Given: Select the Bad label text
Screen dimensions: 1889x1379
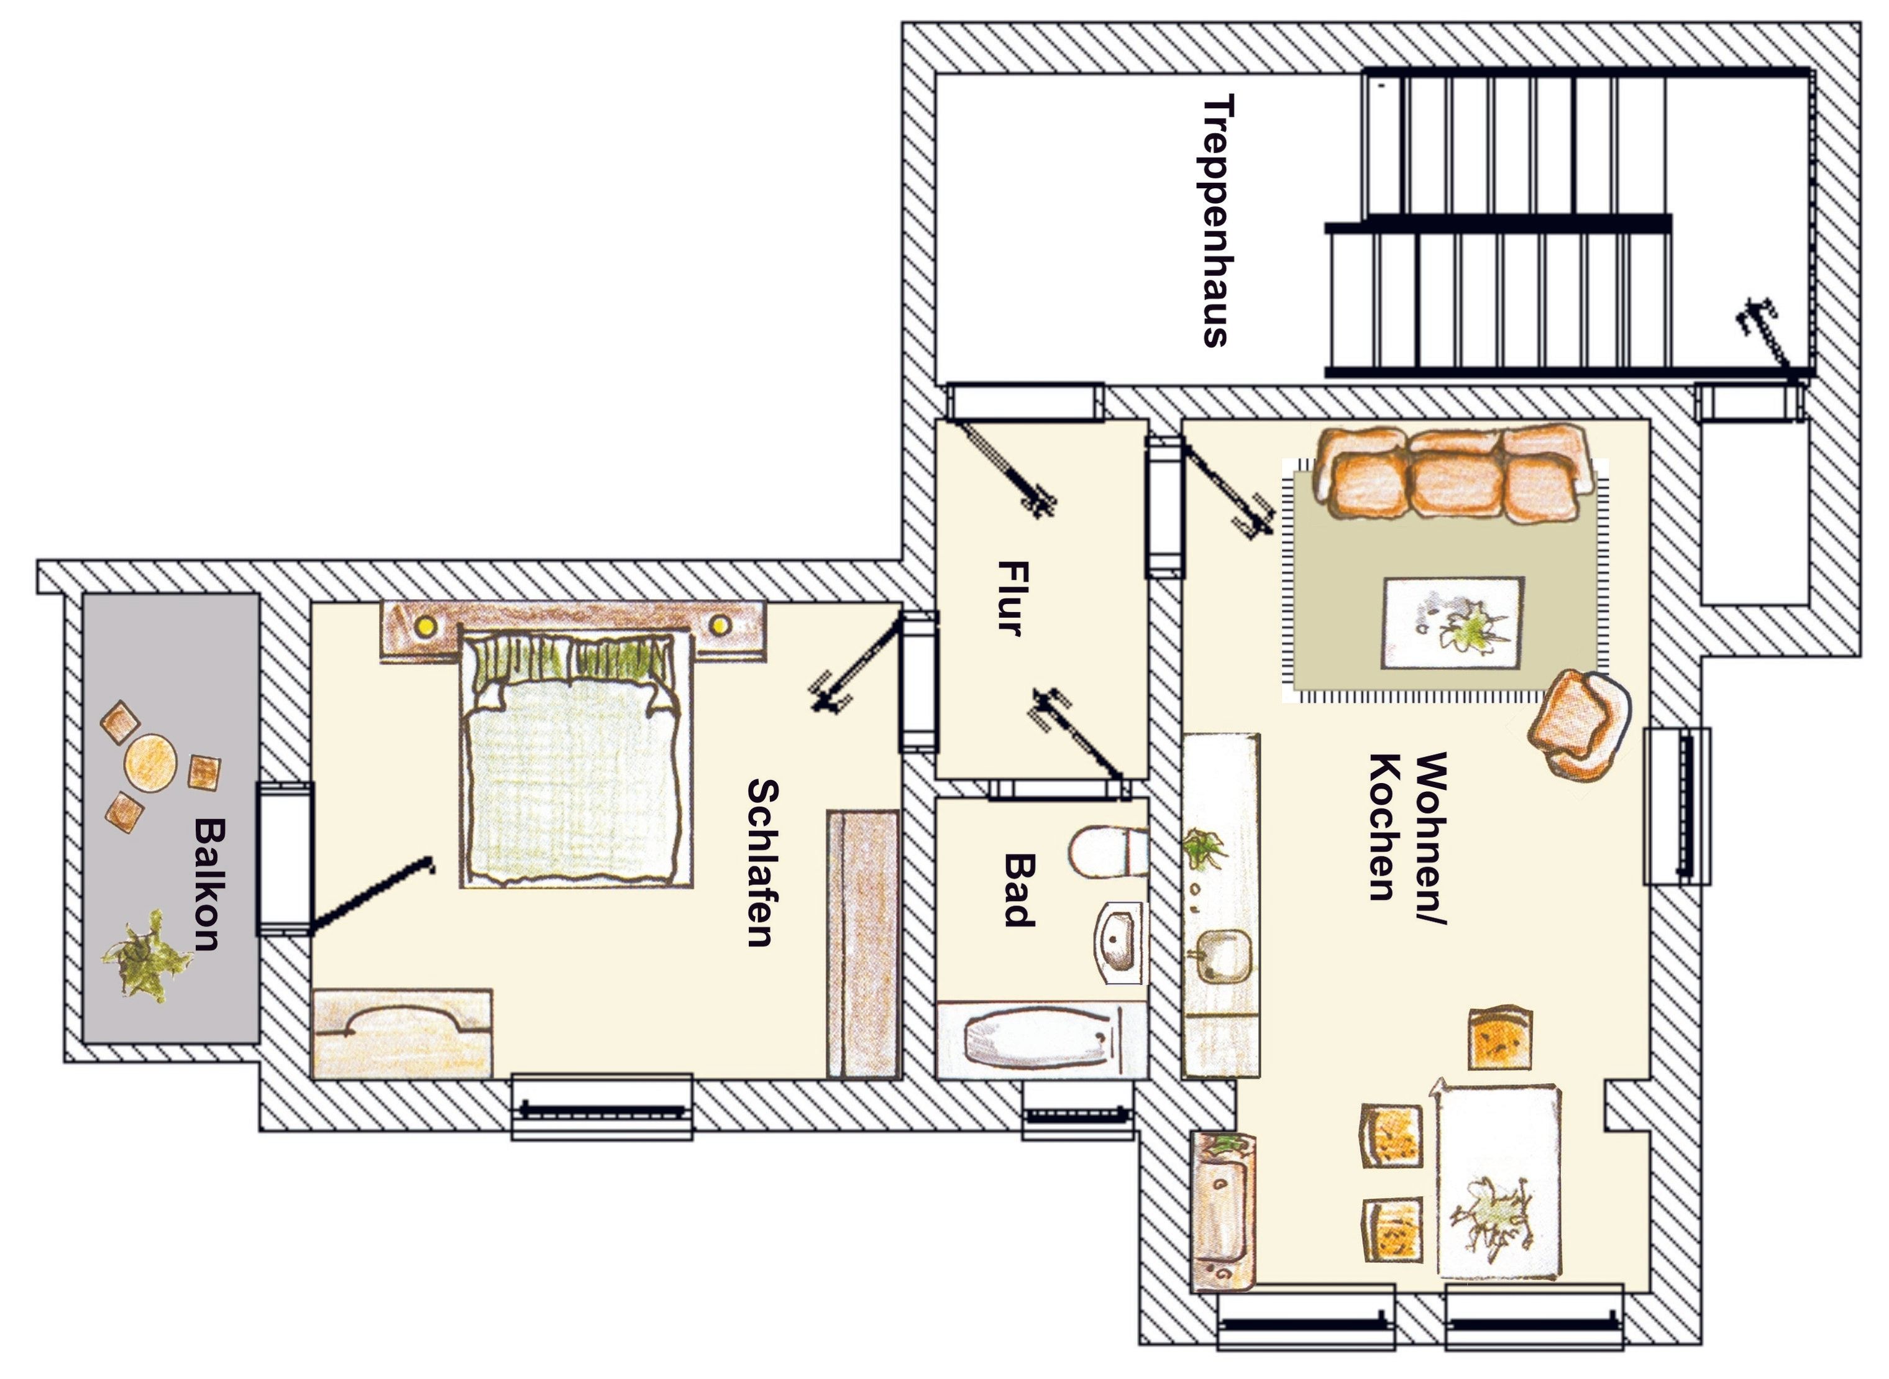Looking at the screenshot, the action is (1018, 890).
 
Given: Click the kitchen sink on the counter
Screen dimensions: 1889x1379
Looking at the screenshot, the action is (1223, 956).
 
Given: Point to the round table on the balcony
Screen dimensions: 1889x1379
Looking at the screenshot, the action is (150, 761).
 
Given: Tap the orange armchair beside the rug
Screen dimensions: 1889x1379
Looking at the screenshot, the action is (1578, 725).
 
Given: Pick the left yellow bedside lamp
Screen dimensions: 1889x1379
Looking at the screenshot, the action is (428, 625).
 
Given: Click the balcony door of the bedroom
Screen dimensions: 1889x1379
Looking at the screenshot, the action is (285, 858).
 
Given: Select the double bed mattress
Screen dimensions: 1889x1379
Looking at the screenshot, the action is (576, 781).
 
